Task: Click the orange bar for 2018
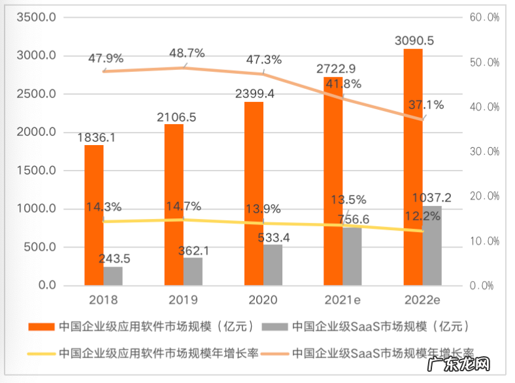[93, 215]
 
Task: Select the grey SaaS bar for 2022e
[431, 246]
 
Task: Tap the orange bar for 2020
[254, 193]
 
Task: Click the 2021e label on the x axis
[342, 300]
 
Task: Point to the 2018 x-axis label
[103, 300]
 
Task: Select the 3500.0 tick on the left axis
[36, 18]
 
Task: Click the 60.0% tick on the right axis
[484, 18]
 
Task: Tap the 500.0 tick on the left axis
[41, 248]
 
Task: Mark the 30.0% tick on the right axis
[484, 152]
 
